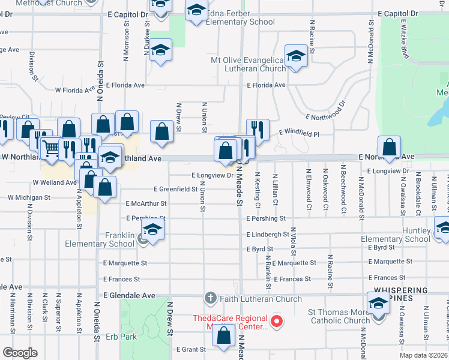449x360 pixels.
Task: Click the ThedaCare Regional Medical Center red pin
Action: point(277,322)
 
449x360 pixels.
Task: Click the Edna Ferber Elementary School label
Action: point(240,22)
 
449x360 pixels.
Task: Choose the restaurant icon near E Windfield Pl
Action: point(258,129)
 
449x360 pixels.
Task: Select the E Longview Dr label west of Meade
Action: point(212,176)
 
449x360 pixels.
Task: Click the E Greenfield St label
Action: point(175,189)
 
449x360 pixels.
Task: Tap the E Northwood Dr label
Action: point(326,110)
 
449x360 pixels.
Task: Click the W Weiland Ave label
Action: point(55,182)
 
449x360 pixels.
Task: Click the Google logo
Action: point(20,352)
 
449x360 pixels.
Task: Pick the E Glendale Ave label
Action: point(129,296)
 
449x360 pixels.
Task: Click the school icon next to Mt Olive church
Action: point(296,57)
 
